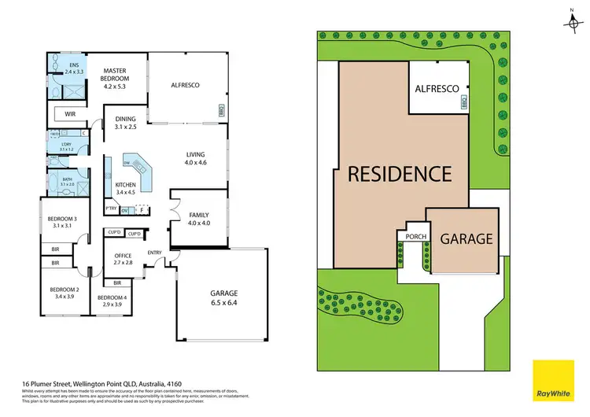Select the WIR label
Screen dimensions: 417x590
tap(70, 113)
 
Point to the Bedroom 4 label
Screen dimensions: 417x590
tap(109, 300)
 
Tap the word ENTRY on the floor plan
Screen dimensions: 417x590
tap(154, 253)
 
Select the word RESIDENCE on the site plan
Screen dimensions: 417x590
tap(400, 173)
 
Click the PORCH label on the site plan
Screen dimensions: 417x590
tap(415, 236)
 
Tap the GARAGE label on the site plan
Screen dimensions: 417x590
tap(466, 238)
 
